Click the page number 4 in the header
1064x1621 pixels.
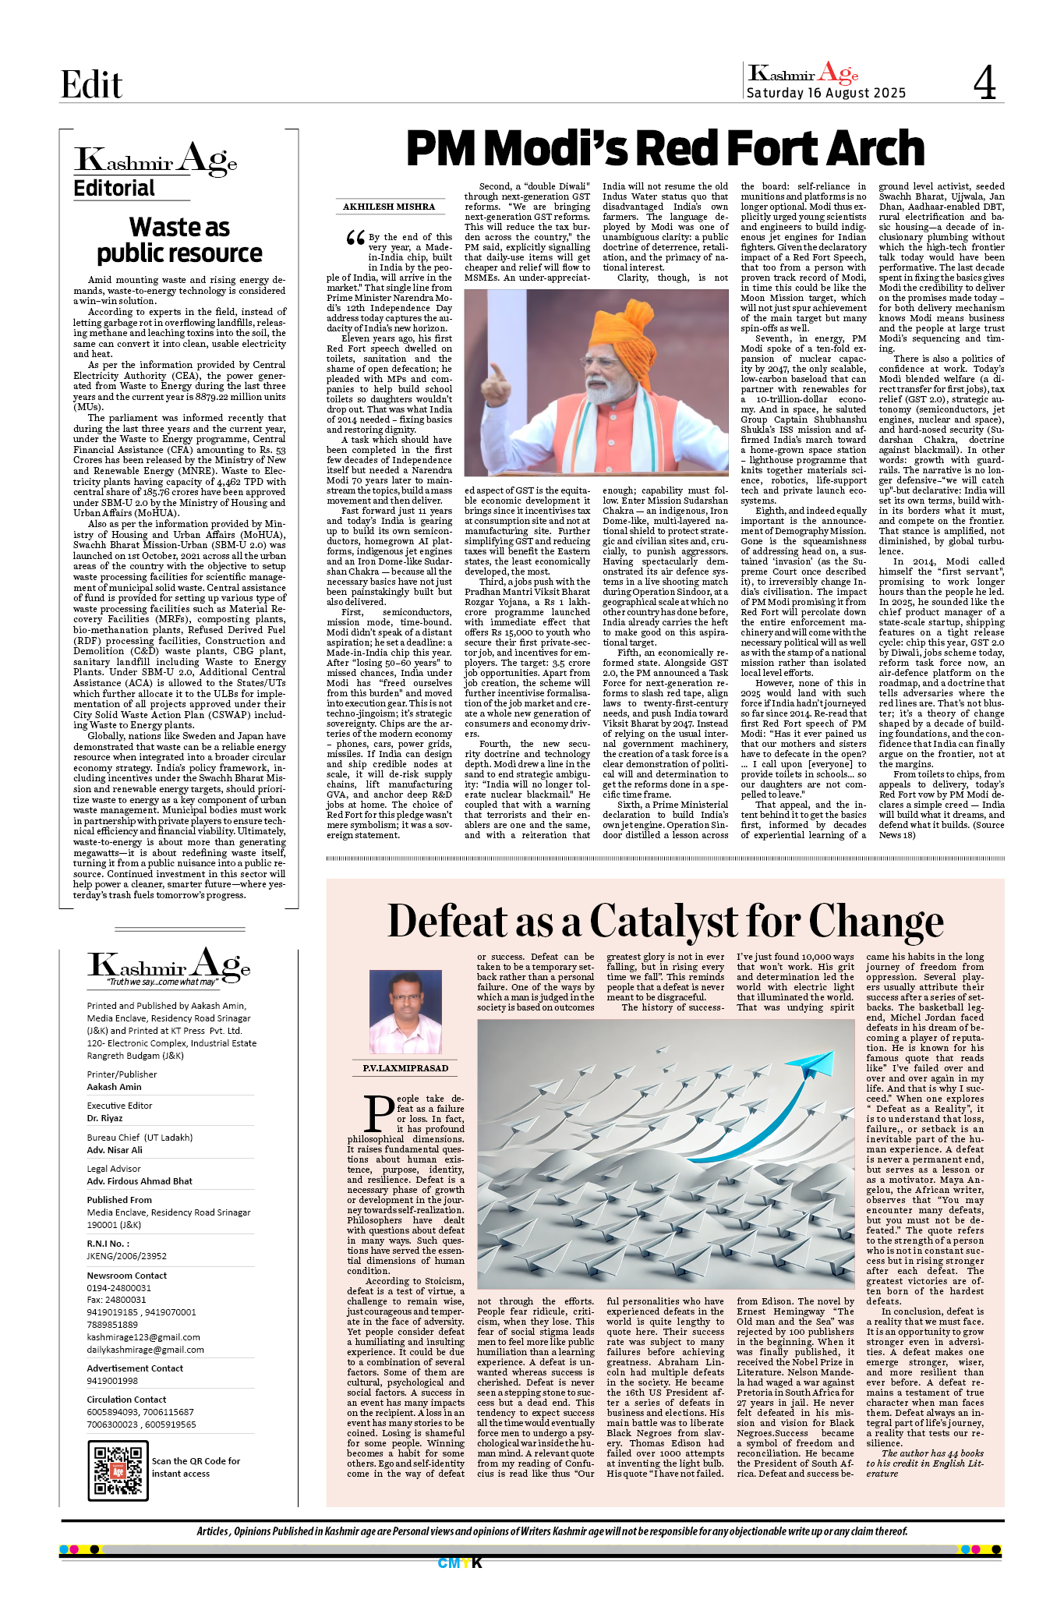(984, 83)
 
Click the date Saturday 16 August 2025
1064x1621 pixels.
(825, 94)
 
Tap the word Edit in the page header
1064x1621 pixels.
(91, 84)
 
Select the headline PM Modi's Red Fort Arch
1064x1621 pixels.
(665, 148)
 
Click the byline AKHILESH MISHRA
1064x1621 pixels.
(389, 207)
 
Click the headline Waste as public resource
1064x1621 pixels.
(179, 240)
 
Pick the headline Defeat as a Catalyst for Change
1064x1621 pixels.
(665, 921)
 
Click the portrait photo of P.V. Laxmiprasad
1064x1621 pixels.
(405, 1012)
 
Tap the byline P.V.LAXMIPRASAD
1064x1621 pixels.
(405, 1068)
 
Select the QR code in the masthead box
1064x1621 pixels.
(118, 1471)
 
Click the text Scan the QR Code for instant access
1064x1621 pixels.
(196, 1467)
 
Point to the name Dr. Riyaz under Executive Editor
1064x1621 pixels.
(104, 1118)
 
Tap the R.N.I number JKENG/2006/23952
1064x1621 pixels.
(126, 1256)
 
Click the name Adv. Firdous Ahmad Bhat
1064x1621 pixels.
(140, 1181)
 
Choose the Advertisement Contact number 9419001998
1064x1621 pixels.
(112, 1381)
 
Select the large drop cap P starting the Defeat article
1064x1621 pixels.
(380, 1114)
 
